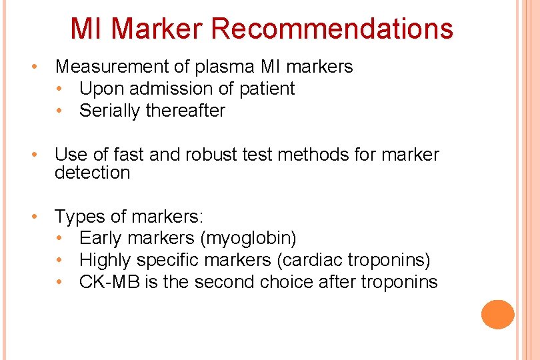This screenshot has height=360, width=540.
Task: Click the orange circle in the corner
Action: pos(498,314)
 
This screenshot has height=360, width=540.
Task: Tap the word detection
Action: pos(92,173)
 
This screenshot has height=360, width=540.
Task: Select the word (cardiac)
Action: pos(315,260)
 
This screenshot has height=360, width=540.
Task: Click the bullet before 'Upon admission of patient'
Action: pos(61,89)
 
